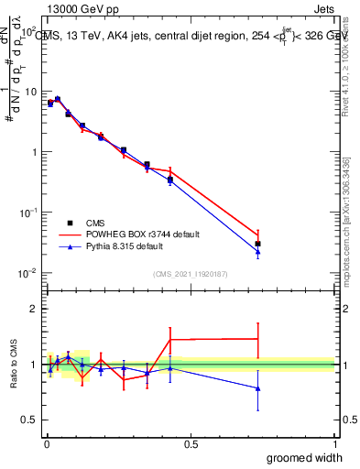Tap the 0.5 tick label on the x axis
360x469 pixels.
click(x=191, y=444)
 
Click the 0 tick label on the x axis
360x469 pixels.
click(x=47, y=444)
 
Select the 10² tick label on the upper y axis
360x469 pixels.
click(x=29, y=31)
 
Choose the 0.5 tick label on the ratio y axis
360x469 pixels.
click(x=29, y=420)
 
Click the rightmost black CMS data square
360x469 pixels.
click(x=258, y=244)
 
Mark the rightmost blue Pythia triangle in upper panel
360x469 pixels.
click(x=258, y=252)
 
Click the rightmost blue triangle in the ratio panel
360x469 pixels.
click(x=258, y=388)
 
